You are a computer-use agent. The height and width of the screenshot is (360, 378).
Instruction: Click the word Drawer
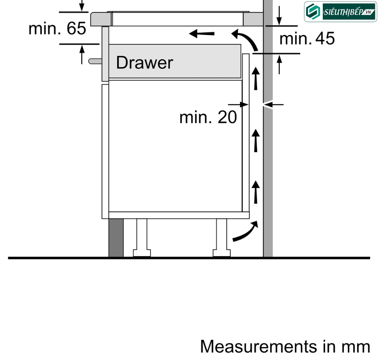click(144, 62)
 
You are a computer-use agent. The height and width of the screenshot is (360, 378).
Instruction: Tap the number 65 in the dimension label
click(76, 28)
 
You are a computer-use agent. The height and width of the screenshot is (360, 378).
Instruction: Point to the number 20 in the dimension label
click(227, 117)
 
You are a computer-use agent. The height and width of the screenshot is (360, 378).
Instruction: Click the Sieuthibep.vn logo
click(340, 12)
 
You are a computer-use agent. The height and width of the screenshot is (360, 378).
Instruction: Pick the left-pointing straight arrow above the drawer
click(201, 34)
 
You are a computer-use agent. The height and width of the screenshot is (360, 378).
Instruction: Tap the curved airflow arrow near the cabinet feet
click(246, 231)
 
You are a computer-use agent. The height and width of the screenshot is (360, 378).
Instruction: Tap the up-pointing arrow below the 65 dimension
click(82, 54)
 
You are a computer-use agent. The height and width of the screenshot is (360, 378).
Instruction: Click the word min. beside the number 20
click(195, 117)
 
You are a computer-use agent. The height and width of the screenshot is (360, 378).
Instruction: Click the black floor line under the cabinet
click(189, 258)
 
